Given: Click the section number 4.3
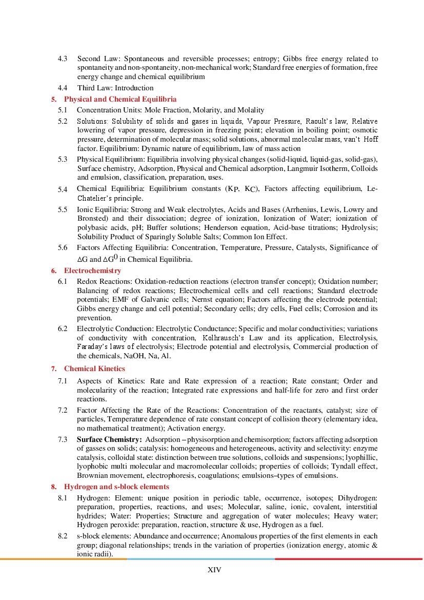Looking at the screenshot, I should click(x=62, y=59).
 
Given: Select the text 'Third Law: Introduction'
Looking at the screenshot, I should click(x=115, y=88).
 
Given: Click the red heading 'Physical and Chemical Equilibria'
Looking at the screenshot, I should click(x=120, y=99).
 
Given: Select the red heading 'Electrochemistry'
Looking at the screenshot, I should click(x=92, y=270).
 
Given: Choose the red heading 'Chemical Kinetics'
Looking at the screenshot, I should click(x=94, y=369).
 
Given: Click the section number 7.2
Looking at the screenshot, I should click(x=62, y=410).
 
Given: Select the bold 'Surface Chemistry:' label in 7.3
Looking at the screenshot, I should click(x=109, y=439).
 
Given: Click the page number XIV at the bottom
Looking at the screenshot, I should click(x=214, y=570).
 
